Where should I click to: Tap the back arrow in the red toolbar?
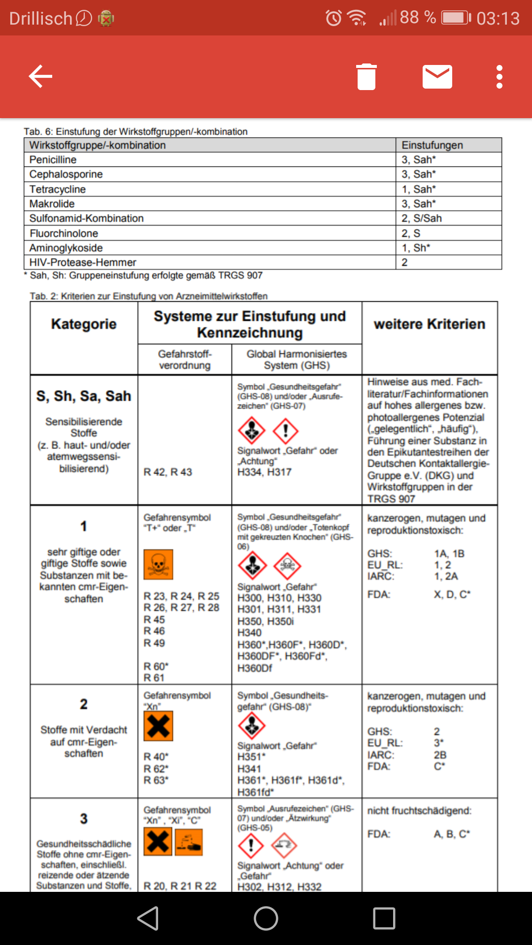click(x=40, y=76)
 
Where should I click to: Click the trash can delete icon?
click(x=366, y=77)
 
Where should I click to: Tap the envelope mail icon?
click(x=437, y=77)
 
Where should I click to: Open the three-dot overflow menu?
click(x=499, y=77)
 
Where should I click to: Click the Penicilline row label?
click(x=53, y=159)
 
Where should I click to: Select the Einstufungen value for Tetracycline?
click(x=418, y=189)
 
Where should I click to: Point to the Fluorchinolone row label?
click(x=64, y=233)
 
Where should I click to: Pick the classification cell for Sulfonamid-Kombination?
click(x=421, y=218)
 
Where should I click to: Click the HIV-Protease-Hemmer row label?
click(x=82, y=262)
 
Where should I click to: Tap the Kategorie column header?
click(x=84, y=324)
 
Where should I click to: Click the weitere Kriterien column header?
click(x=429, y=324)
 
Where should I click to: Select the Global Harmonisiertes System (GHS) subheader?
click(x=297, y=359)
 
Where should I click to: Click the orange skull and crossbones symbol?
click(x=158, y=565)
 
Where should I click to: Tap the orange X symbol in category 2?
click(x=158, y=726)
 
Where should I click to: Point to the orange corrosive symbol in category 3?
click(x=189, y=842)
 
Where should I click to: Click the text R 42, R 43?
click(x=167, y=472)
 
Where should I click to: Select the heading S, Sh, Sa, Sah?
click(x=84, y=396)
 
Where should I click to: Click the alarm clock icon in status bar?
click(x=333, y=19)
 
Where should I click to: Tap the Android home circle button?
click(x=266, y=918)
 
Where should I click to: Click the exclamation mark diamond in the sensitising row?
click(x=285, y=431)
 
